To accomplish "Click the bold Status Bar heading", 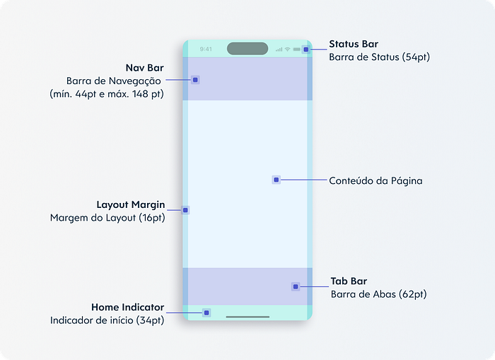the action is point(354,44).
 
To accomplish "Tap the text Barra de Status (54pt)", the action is point(380,57).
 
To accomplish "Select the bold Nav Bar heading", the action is point(144,68).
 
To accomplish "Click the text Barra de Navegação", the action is point(114,81).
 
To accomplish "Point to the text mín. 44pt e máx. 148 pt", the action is point(107,94).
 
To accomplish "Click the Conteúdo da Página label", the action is point(375,180).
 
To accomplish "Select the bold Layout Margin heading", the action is point(131,204).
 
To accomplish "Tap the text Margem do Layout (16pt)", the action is point(107,218).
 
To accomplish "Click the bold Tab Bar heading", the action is point(349,281).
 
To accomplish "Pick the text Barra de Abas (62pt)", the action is point(379,294).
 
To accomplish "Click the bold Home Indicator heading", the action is point(127,307).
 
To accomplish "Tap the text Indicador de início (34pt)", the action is point(107,320).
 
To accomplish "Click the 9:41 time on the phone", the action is point(206,49).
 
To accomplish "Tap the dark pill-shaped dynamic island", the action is point(248,49).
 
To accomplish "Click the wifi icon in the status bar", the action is point(287,50).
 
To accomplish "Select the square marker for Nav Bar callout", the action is point(195,80).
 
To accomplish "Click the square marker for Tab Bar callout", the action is point(296,286).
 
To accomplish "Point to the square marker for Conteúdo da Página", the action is point(276,180).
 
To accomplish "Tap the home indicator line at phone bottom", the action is point(248,317).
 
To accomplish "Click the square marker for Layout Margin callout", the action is point(185,210).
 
